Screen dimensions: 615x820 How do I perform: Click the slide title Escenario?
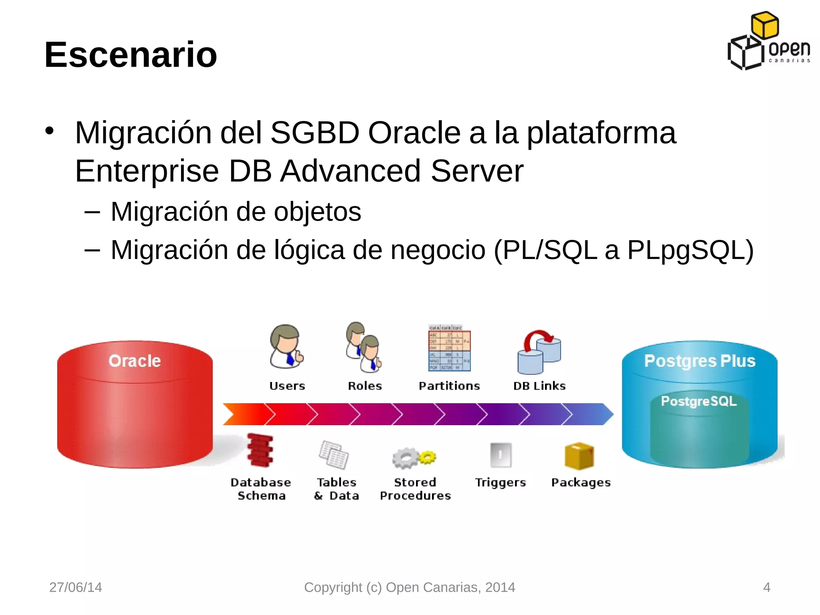click(x=131, y=55)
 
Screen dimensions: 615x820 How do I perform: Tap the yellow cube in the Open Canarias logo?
click(x=764, y=25)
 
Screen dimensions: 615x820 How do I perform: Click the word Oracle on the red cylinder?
click(x=135, y=361)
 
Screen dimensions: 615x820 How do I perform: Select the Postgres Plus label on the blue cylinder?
click(x=699, y=361)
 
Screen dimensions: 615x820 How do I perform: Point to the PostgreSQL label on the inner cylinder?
click(x=699, y=401)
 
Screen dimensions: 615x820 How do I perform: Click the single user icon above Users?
click(x=286, y=347)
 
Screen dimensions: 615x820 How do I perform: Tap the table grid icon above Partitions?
click(x=449, y=348)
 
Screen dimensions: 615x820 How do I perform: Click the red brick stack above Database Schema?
click(x=260, y=450)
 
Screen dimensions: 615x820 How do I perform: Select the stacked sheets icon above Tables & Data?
click(x=334, y=455)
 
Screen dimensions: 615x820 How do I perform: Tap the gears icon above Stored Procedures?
click(x=414, y=458)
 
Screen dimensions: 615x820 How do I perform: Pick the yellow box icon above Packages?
click(x=579, y=456)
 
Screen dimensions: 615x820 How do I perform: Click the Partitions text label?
click(x=449, y=386)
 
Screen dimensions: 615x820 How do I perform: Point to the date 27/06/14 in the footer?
click(x=76, y=587)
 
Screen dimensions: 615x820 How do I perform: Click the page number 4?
click(x=767, y=587)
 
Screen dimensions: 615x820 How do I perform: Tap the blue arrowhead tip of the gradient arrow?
click(x=608, y=414)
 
